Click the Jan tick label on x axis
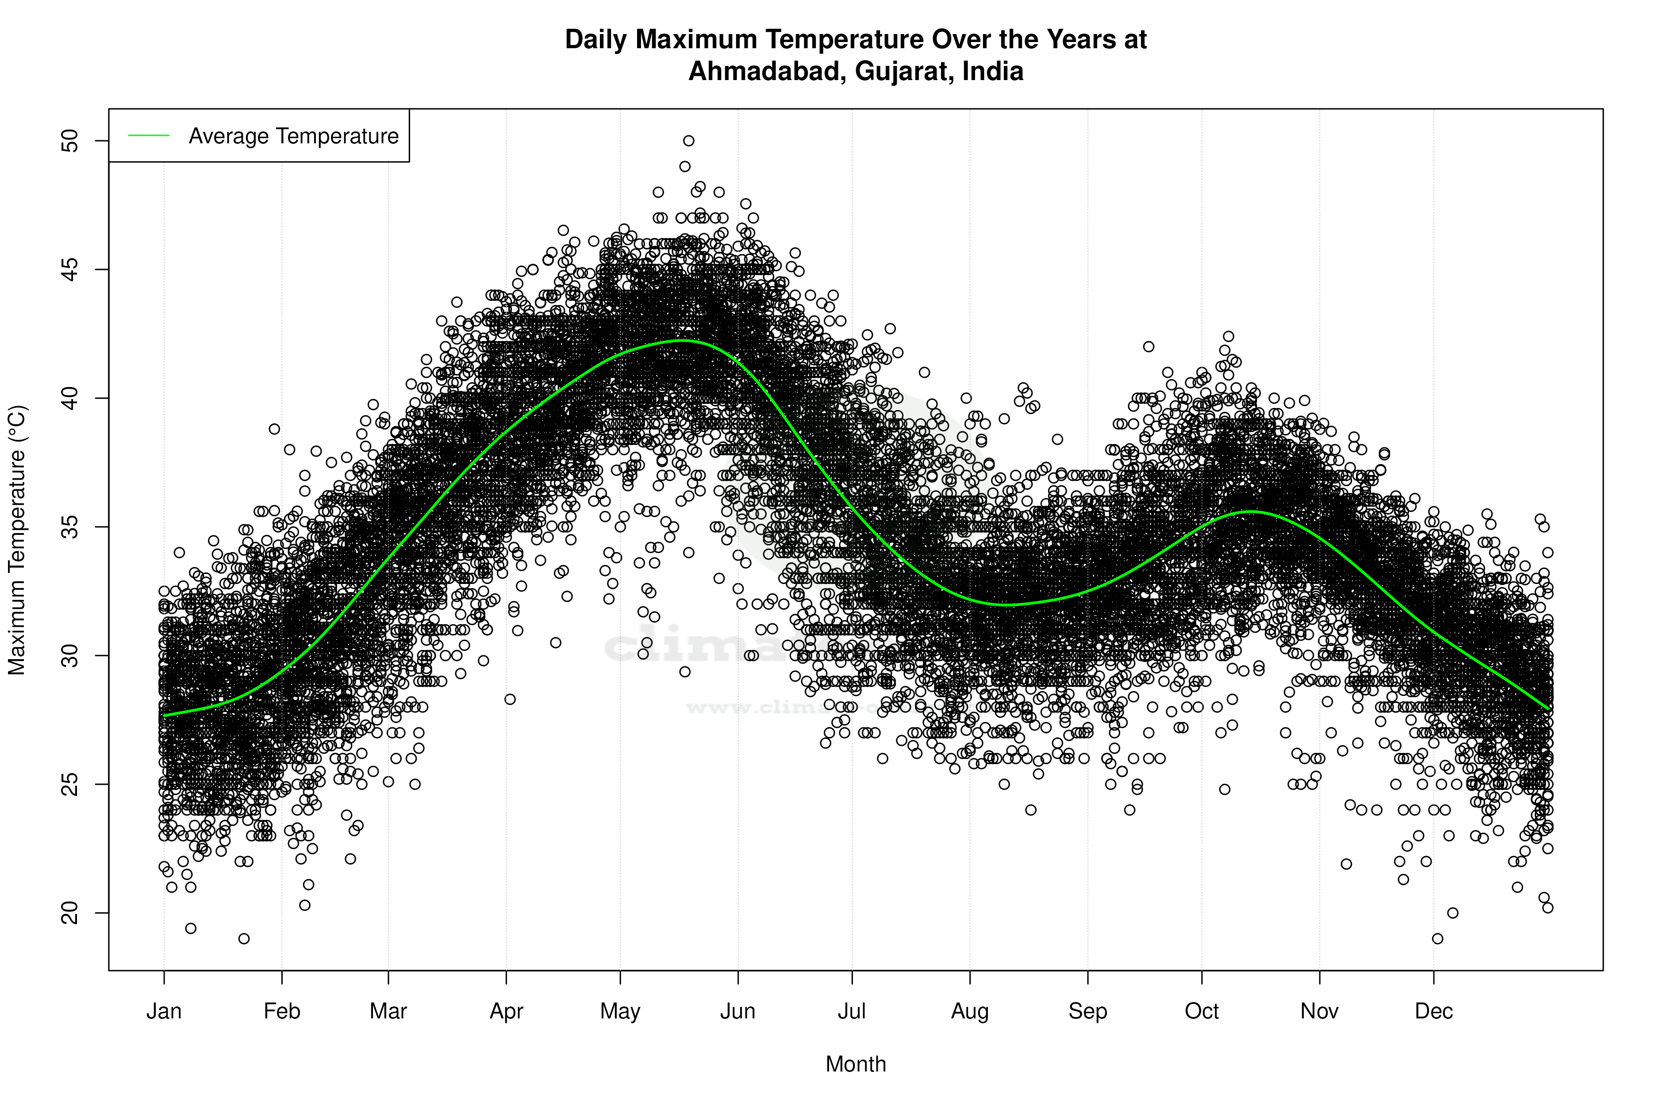pyautogui.click(x=164, y=1011)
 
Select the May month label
pyautogui.click(x=620, y=1011)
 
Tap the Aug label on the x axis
pyautogui.click(x=970, y=1011)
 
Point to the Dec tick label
pyautogui.click(x=1433, y=1011)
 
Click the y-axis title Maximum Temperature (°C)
pyautogui.click(x=17, y=540)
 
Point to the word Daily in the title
pyautogui.click(x=596, y=39)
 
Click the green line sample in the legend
pyautogui.click(x=149, y=135)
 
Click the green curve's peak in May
pyautogui.click(x=681, y=341)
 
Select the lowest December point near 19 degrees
pyautogui.click(x=1437, y=938)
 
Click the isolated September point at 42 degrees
pyautogui.click(x=1148, y=346)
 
